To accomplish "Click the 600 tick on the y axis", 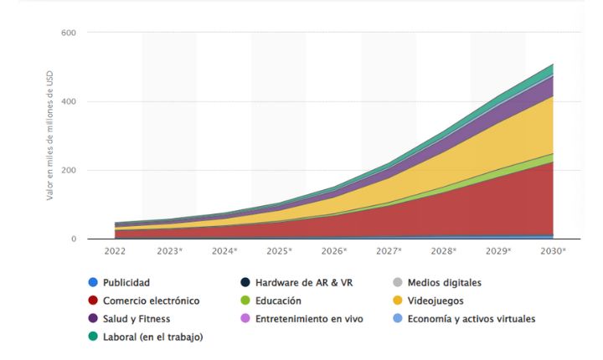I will pos(68,33).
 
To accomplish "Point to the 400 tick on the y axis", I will pos(68,102).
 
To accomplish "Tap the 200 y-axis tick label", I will pos(68,171).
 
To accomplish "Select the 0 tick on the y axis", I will pos(73,239).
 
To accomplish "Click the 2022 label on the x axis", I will pos(115,251).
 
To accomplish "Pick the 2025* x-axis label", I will pos(279,251).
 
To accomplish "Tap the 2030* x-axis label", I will pos(553,251).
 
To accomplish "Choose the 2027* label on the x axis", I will pos(389,251).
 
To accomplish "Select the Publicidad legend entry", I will pos(126,283).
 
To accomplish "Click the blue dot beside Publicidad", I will pos(93,283).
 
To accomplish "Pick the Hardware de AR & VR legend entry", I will pos(303,283).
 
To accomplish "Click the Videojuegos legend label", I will pos(438,301).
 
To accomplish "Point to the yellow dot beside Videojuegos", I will pos(398,301).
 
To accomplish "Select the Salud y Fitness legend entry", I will pos(137,319).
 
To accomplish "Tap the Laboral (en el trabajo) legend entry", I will pos(152,337).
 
